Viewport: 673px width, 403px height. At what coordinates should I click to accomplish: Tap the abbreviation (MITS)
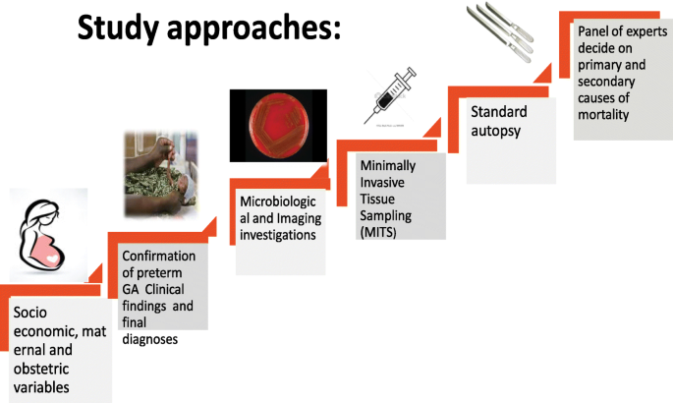pos(382,232)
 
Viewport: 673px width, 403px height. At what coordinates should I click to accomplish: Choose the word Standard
pos(499,111)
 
